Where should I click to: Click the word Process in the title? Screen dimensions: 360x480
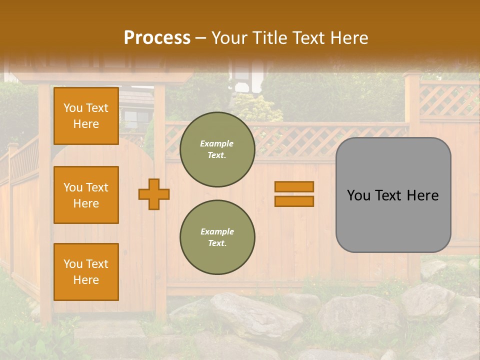click(x=157, y=38)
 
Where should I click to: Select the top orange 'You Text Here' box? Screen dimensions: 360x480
click(x=86, y=116)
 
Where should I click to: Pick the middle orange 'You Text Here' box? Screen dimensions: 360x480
click(x=86, y=195)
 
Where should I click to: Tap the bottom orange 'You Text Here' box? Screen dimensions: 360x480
click(x=86, y=271)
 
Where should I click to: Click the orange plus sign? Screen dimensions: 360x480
click(x=154, y=194)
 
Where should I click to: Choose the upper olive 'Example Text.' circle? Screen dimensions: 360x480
click(x=217, y=149)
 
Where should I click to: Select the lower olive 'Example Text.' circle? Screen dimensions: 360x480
click(x=217, y=237)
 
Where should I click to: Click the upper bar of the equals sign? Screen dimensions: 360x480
click(x=294, y=186)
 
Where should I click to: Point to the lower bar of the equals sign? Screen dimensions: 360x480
click(x=294, y=201)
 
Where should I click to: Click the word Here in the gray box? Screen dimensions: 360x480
click(x=422, y=195)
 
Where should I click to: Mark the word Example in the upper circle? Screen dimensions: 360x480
click(x=216, y=143)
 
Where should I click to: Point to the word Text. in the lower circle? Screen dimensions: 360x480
click(x=217, y=243)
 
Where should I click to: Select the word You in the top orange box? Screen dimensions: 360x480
click(x=73, y=108)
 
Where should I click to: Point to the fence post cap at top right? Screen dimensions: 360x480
click(x=412, y=75)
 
